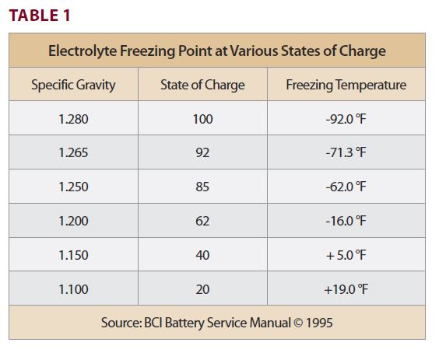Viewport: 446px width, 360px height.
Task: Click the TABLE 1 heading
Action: click(x=40, y=16)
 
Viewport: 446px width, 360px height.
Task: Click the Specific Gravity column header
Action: click(x=73, y=85)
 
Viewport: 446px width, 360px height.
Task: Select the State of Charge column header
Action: click(x=202, y=85)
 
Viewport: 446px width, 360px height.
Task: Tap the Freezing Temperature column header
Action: click(x=346, y=85)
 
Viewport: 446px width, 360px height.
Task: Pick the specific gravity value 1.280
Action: click(x=73, y=119)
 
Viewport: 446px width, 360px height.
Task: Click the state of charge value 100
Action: click(x=202, y=119)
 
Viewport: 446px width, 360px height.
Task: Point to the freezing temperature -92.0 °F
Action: click(x=346, y=119)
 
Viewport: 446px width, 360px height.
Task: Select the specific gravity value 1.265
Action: click(x=73, y=153)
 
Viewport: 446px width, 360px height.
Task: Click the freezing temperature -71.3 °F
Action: click(x=346, y=153)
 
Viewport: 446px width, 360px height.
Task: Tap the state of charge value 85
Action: click(x=202, y=187)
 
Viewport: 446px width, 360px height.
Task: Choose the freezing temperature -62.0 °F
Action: click(x=346, y=187)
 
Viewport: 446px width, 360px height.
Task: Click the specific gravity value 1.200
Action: click(x=73, y=221)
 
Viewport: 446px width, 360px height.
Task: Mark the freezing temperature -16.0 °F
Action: click(x=346, y=221)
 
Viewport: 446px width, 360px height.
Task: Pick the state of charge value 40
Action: click(x=202, y=255)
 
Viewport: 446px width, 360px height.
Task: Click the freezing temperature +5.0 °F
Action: click(x=346, y=255)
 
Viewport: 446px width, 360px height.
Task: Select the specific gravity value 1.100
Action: click(x=73, y=289)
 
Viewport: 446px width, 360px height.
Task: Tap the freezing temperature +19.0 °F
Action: click(x=346, y=289)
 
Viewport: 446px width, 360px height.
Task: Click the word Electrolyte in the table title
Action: click(x=83, y=51)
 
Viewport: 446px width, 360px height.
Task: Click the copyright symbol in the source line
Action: click(x=298, y=323)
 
